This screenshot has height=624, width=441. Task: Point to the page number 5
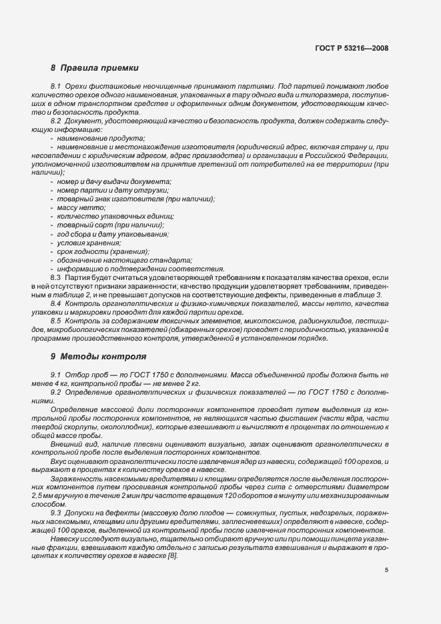click(x=386, y=570)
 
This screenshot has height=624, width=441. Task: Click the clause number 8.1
click(x=57, y=87)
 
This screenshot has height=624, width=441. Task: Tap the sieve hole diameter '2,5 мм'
click(x=61, y=497)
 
